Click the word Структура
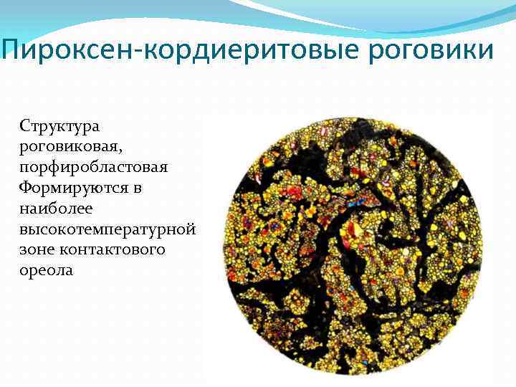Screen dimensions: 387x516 point(60,125)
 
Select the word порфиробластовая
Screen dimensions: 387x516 point(94,167)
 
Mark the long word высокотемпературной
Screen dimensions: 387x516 point(108,229)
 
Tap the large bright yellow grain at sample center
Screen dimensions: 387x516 point(353,227)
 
